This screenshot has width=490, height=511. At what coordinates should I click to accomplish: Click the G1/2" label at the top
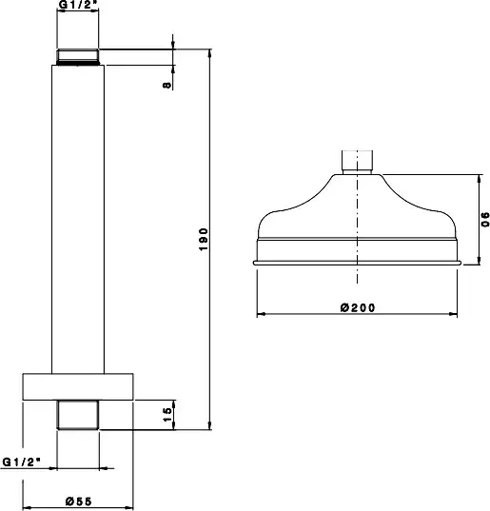coord(78,4)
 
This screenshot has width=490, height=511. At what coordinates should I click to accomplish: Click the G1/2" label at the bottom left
coord(22,462)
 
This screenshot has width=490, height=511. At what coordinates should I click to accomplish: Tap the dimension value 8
coord(167,85)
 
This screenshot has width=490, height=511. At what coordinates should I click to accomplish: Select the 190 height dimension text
coord(204,240)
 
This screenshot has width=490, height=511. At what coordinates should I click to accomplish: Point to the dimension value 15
coord(167,415)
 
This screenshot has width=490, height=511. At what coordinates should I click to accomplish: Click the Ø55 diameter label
coord(79,501)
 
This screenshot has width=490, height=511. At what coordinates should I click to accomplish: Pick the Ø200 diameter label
coord(358,307)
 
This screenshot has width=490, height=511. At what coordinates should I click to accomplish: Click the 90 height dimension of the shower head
coord(485,219)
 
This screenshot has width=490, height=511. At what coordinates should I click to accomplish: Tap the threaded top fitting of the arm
coord(78,57)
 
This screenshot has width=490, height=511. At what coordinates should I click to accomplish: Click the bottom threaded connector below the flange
coord(78,415)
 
